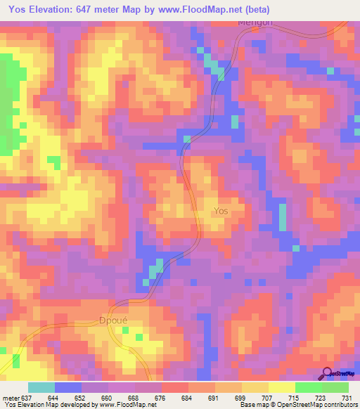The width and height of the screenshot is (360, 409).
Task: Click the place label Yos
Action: coord(221,210)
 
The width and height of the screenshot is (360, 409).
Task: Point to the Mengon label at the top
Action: coord(255,22)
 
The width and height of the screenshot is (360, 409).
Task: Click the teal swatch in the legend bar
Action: coord(41,388)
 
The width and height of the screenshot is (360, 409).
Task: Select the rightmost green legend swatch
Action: coord(335,388)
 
